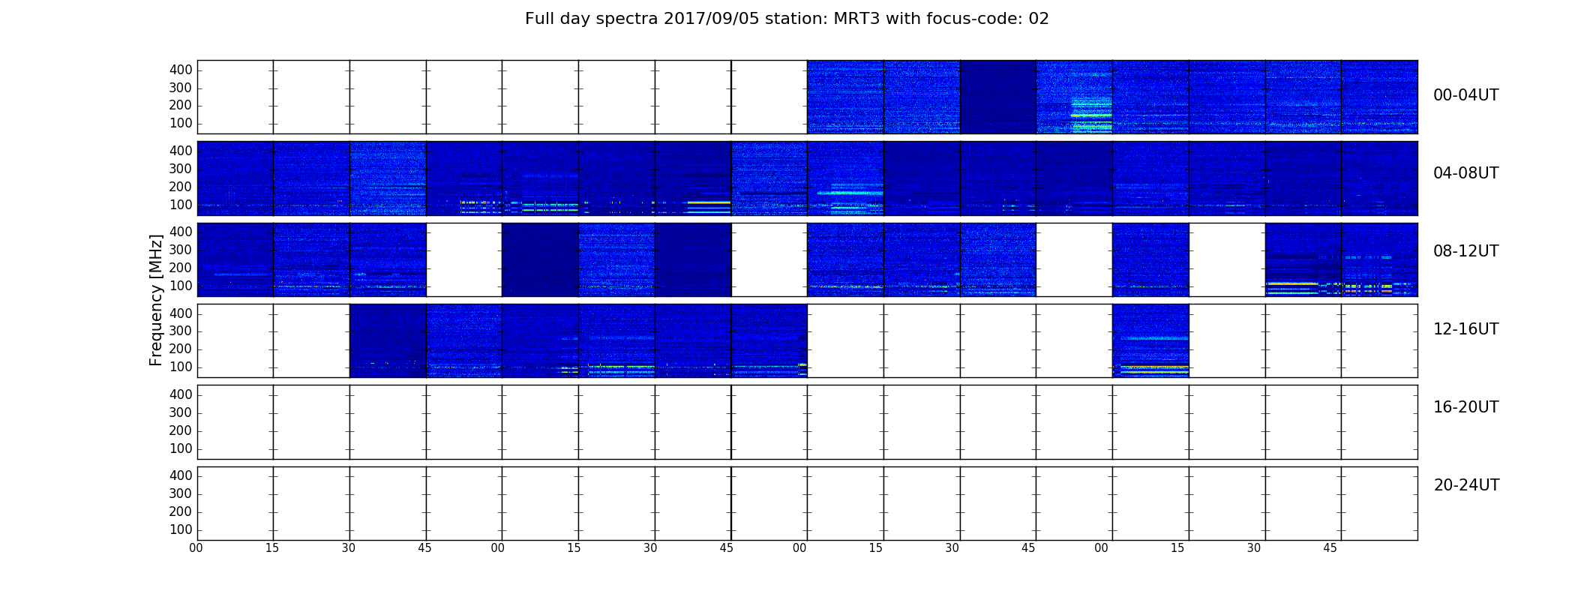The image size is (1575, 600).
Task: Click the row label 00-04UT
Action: [1465, 95]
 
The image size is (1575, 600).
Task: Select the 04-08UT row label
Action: [1465, 173]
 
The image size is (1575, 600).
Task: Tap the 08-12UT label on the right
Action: [1465, 251]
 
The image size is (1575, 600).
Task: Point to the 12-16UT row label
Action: [1465, 329]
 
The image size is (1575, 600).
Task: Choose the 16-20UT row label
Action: [1465, 407]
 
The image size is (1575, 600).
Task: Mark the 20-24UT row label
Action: [1466, 485]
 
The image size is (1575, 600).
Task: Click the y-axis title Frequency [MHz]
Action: [156, 300]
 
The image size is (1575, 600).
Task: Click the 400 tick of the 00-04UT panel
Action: [181, 70]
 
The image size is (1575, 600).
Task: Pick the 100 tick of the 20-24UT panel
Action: [181, 529]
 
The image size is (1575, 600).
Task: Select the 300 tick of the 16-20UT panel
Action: [181, 412]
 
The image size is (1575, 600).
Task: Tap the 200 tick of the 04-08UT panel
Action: [181, 187]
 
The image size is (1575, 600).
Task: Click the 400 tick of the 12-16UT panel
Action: [181, 313]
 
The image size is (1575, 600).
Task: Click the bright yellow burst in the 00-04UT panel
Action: [1091, 115]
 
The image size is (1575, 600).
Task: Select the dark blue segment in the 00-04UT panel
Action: [998, 97]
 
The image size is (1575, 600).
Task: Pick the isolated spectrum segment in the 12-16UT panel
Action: [1150, 340]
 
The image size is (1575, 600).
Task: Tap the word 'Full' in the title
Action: [539, 19]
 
